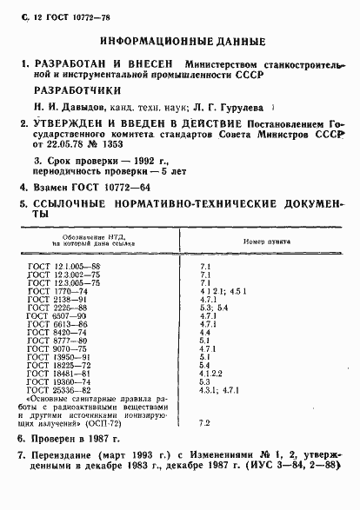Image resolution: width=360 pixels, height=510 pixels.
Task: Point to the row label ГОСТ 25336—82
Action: click(64, 390)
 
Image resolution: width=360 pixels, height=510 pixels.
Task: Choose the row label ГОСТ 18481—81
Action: click(64, 373)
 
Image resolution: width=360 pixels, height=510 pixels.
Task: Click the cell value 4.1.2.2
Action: click(214, 373)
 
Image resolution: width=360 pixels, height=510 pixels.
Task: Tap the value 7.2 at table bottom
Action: click(206, 422)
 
